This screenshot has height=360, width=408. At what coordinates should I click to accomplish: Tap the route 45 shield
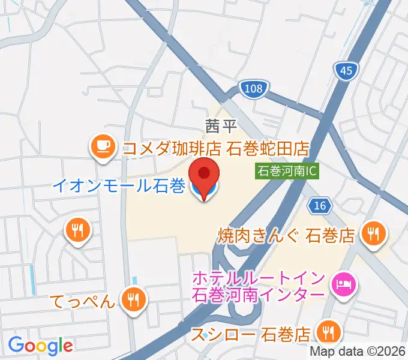tap(346, 71)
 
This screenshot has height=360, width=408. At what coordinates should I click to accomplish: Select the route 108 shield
tap(254, 89)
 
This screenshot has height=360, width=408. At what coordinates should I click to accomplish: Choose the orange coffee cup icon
tap(103, 146)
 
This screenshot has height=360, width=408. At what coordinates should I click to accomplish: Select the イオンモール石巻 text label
tap(119, 186)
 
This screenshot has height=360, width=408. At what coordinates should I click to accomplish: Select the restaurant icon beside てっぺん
tap(132, 298)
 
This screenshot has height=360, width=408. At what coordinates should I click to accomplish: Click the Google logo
tap(40, 345)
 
